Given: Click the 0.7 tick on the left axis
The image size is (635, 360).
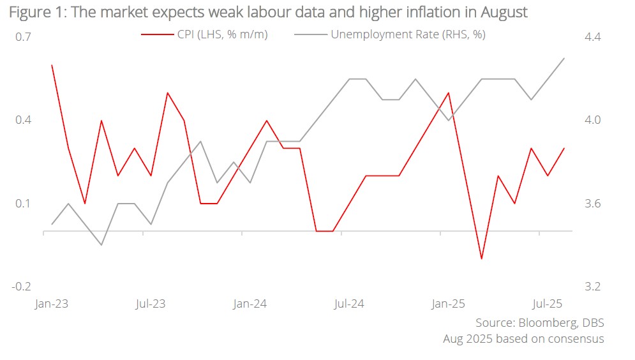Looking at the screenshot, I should point(23,37).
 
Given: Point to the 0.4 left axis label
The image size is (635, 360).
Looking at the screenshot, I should point(23,120).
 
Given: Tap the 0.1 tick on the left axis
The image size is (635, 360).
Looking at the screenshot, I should point(23,204).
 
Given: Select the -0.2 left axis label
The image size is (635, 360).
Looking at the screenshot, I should point(21,287).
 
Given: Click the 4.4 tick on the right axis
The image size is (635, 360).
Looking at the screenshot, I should point(593,37).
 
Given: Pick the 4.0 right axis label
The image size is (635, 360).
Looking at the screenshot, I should point(593,120).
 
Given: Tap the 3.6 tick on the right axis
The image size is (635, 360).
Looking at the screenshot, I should point(593,204).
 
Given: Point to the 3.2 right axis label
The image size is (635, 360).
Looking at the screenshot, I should point(593,287).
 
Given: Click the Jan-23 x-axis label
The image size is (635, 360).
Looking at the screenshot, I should point(51,304).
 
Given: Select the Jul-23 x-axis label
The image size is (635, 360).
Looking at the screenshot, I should point(151,304).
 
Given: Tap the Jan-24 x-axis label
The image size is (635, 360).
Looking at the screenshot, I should point(250,304).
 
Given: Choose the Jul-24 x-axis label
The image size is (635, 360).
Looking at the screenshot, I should point(349,304).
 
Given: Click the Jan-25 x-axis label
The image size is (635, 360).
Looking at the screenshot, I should point(448,304).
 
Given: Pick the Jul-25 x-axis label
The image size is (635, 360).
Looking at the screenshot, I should point(547,304).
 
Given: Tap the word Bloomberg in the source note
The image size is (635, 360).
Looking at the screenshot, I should point(544,323).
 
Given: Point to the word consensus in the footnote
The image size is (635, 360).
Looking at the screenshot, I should point(574,339).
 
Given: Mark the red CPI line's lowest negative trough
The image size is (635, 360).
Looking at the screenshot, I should point(481,259).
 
